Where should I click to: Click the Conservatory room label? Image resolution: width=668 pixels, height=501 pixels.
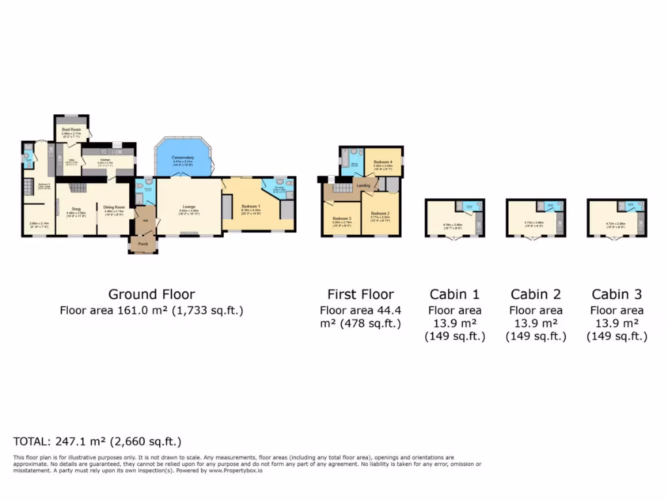pos(183,157)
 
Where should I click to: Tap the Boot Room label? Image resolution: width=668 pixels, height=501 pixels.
pos(70,129)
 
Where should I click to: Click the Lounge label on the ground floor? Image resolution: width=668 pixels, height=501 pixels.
pos(189,207)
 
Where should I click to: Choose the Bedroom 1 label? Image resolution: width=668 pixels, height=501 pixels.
pos(251,206)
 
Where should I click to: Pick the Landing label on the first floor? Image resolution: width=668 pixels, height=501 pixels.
pos(363,185)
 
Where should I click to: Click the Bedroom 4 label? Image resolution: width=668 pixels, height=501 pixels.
pos(383,161)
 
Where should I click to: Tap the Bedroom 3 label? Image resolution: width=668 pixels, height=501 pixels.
pos(342,219)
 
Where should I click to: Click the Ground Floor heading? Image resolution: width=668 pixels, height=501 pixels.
pos(151,294)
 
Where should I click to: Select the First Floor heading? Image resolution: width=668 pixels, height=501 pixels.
pos(360,294)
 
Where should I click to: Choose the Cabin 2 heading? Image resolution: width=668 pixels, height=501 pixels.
pos(536,294)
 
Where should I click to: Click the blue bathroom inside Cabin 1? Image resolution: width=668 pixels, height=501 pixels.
pos(468,206)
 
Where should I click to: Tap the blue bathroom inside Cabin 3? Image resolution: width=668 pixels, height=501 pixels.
pos(630,206)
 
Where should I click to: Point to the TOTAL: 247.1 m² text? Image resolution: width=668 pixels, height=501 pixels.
pos(97,441)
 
